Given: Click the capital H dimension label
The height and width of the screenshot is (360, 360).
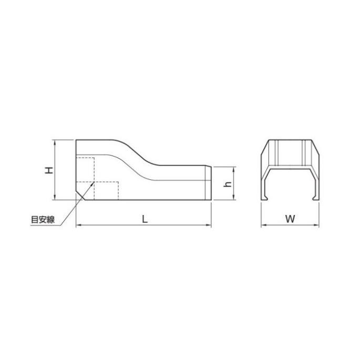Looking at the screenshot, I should click(48, 170).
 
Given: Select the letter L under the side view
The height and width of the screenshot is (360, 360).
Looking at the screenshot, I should click(145, 220).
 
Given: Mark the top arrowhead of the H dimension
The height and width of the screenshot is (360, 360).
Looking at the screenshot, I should click(55, 141).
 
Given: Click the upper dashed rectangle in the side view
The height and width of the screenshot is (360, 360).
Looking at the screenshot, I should click(85, 169).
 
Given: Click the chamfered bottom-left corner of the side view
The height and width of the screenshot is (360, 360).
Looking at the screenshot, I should click(80, 195).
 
